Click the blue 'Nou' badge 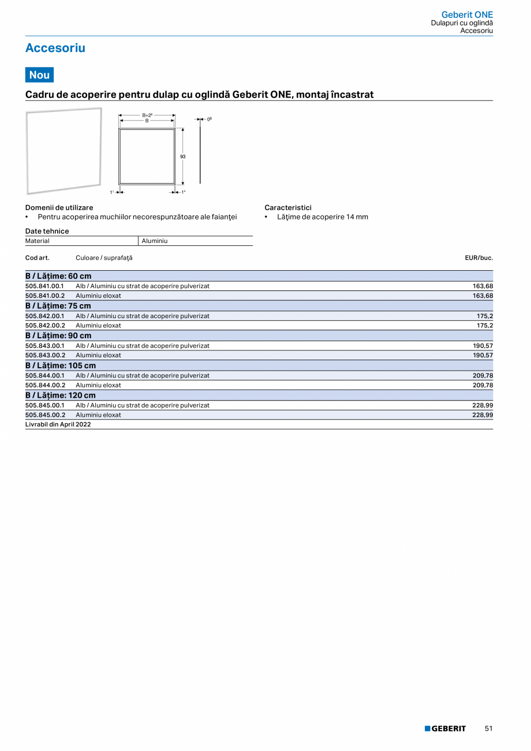39,75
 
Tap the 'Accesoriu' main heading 55,48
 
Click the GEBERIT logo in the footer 445,728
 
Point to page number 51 489,728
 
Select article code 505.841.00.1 44,286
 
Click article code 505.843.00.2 45,355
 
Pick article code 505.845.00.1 44,405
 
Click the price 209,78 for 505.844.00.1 483,375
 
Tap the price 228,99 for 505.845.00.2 483,414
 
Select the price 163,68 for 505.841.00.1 483,286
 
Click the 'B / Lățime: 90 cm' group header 58,335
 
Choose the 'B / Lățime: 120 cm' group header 61,395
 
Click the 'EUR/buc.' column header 478,257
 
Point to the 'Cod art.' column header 37,257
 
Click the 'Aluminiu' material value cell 154,241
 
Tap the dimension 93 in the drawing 182,156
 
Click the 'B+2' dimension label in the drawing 147,115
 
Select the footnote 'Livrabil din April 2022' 58,424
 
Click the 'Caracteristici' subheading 288,207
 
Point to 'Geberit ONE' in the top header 467,14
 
